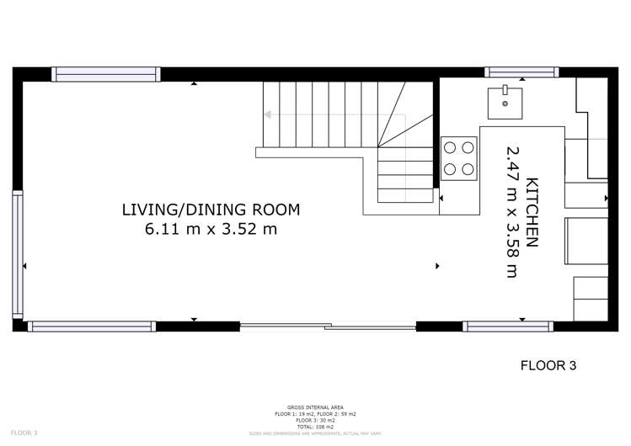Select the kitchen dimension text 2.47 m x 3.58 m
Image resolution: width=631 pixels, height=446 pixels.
click(511, 211)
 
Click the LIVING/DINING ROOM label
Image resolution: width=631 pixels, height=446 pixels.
click(211, 210)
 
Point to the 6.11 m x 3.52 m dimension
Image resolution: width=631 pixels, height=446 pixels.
click(211, 228)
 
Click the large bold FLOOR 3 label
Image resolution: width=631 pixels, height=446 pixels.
click(548, 365)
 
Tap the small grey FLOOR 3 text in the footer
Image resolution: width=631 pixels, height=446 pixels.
click(24, 433)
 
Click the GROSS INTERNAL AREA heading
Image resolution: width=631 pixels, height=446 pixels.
click(315, 407)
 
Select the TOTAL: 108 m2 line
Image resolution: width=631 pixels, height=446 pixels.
click(315, 427)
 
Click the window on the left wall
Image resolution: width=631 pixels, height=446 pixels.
click(18, 255)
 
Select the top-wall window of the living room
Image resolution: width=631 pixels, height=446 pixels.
click(106, 74)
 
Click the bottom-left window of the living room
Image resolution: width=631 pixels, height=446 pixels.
click(92, 326)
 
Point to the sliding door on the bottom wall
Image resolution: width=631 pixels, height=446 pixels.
click(328, 326)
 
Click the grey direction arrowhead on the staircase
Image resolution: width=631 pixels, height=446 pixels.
click(268, 114)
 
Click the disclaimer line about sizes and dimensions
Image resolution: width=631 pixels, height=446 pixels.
click(315, 433)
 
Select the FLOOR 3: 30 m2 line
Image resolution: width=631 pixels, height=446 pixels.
click(315, 421)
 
